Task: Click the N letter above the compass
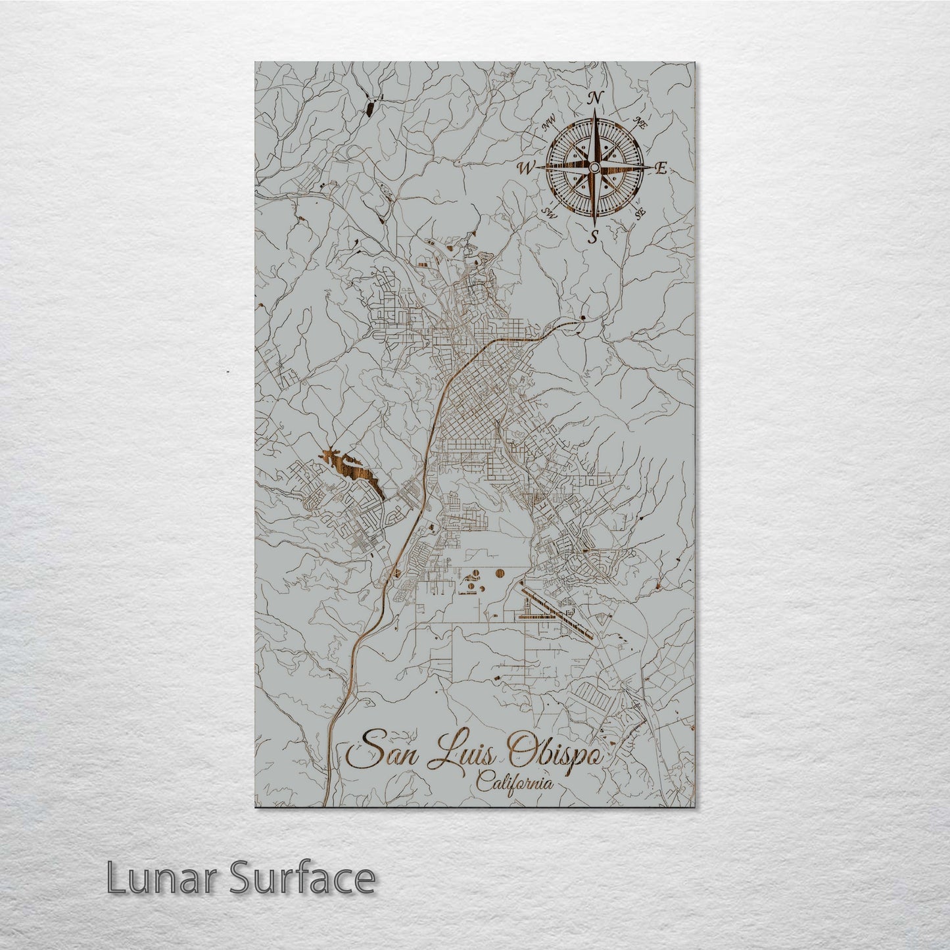pyautogui.click(x=595, y=99)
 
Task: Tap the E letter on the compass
pyautogui.click(x=661, y=168)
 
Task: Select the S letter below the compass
pyautogui.click(x=594, y=237)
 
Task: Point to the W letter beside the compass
pyautogui.click(x=527, y=168)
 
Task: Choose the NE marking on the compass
pyautogui.click(x=640, y=122)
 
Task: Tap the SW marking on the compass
pyautogui.click(x=550, y=212)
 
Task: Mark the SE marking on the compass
pyautogui.click(x=640, y=212)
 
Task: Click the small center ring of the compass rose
pyautogui.click(x=594, y=168)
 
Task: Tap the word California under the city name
pyautogui.click(x=514, y=784)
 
